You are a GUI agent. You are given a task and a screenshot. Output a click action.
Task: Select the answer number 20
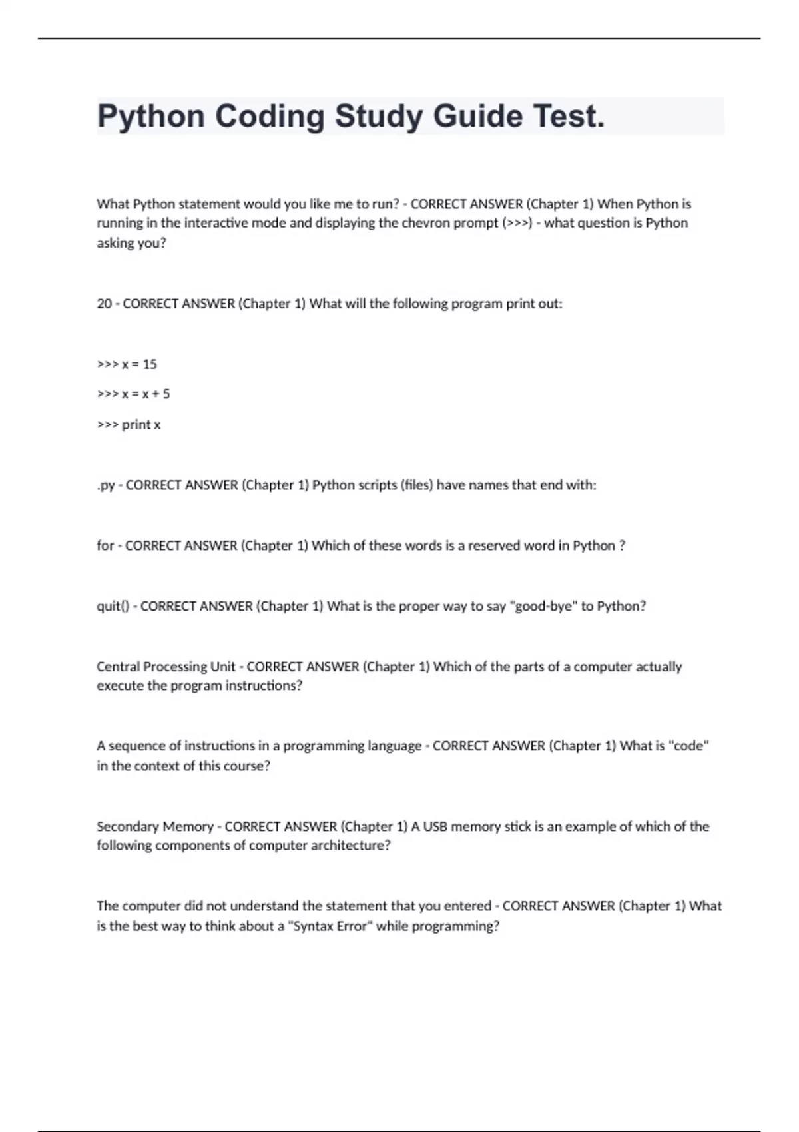(104, 304)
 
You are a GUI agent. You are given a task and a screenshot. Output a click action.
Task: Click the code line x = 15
(139, 364)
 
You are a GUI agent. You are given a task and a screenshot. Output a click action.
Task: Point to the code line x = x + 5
(146, 394)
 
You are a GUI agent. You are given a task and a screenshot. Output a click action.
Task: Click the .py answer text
(106, 485)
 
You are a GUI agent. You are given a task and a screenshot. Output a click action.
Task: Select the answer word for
(105, 545)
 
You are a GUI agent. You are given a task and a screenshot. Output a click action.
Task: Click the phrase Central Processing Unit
(166, 667)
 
